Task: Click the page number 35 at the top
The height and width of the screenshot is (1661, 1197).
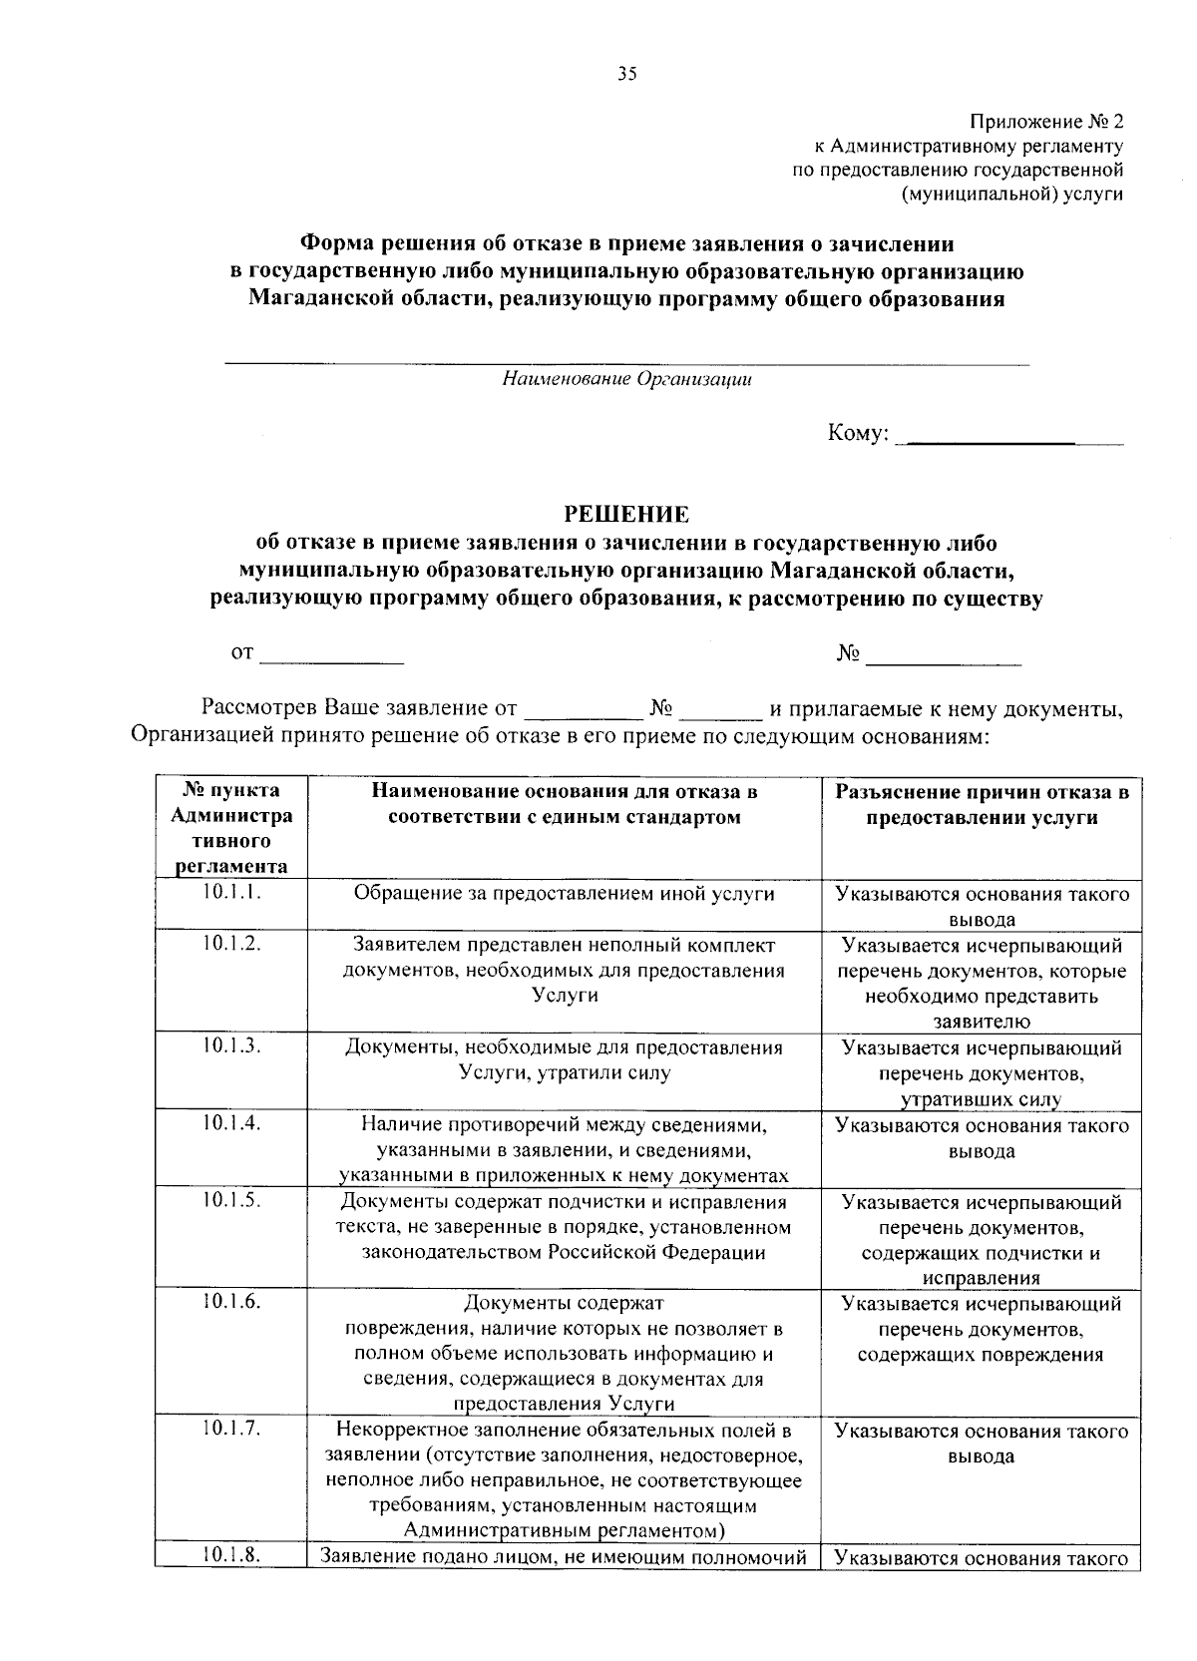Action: click(x=626, y=74)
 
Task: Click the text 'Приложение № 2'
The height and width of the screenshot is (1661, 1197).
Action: click(x=1046, y=123)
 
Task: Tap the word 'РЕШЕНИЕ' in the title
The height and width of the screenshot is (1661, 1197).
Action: click(x=626, y=515)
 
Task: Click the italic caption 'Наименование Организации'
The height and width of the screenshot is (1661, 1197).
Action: click(x=626, y=379)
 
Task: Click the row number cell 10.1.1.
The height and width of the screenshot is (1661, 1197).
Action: click(x=230, y=893)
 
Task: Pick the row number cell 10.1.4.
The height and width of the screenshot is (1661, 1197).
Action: click(x=230, y=1123)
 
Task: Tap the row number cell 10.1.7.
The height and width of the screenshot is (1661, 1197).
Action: click(x=230, y=1429)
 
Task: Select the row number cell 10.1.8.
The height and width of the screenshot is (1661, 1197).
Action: click(x=230, y=1554)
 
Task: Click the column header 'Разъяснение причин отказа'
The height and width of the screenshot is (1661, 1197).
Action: click(x=982, y=804)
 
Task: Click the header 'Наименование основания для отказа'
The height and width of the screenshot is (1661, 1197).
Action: click(x=565, y=804)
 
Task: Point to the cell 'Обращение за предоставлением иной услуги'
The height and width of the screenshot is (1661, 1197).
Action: click(x=565, y=894)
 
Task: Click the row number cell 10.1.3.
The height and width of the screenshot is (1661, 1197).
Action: click(x=230, y=1045)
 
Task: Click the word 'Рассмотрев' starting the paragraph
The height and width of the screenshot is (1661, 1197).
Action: click(x=260, y=709)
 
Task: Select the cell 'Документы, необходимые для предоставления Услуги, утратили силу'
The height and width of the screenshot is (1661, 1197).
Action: click(x=565, y=1060)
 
